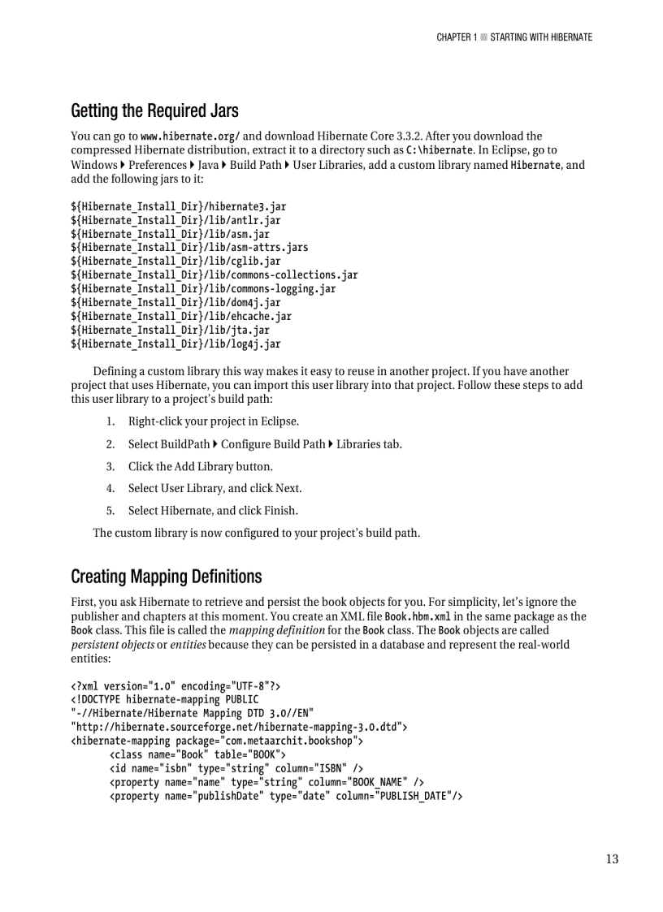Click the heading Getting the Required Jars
pos(154,110)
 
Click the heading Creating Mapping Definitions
pos(166,577)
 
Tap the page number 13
pos(612,859)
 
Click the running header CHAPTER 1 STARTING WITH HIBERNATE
pos(514,37)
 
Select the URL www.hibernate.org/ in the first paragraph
pos(190,136)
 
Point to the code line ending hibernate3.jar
pos(178,206)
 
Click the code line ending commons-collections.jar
pos(214,274)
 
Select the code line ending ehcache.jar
pos(180,316)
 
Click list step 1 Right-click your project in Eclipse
pos(213,421)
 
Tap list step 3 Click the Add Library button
pos(200,466)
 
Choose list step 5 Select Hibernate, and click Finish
pos(212,511)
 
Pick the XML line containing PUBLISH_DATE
pos(285,796)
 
